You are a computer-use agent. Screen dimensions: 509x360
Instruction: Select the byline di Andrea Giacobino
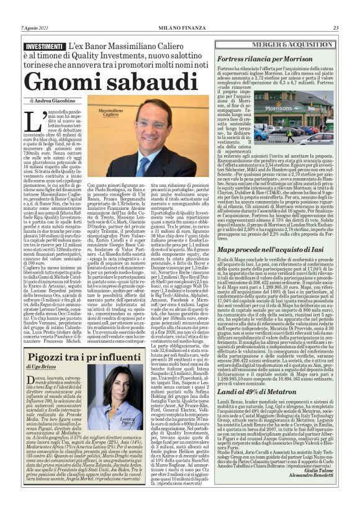(x=49, y=99)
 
